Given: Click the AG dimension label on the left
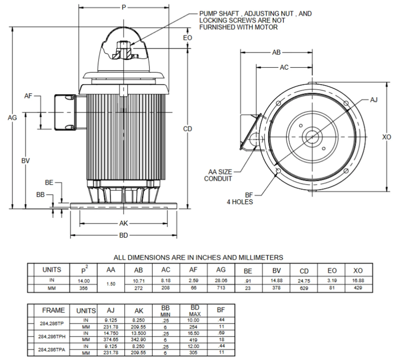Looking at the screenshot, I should pos(12,117).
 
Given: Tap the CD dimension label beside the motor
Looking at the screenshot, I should pos(188,129).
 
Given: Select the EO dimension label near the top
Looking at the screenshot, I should pos(188,38).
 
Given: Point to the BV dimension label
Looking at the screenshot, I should pos(26,161).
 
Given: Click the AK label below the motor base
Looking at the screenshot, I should pos(124,223).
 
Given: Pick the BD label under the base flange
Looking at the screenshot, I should pos(124,235).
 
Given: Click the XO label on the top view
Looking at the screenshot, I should pos(386,137).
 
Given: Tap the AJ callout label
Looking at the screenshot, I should pos(374,100).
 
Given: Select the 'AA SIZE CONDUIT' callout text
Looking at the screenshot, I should pos(218,175).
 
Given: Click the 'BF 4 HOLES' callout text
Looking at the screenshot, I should pos(240,199).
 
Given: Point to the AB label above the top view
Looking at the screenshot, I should pos(276,52).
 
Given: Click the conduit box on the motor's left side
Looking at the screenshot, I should pos(65,112).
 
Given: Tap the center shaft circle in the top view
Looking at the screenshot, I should pos(312,136).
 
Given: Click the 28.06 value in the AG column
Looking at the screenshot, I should pos(221,280).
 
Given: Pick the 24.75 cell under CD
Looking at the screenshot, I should pos(304,281).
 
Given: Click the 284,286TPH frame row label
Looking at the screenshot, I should pos(52,336).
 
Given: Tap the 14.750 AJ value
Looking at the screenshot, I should pos(111,333).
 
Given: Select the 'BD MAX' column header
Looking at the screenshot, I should pos(195,310).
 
